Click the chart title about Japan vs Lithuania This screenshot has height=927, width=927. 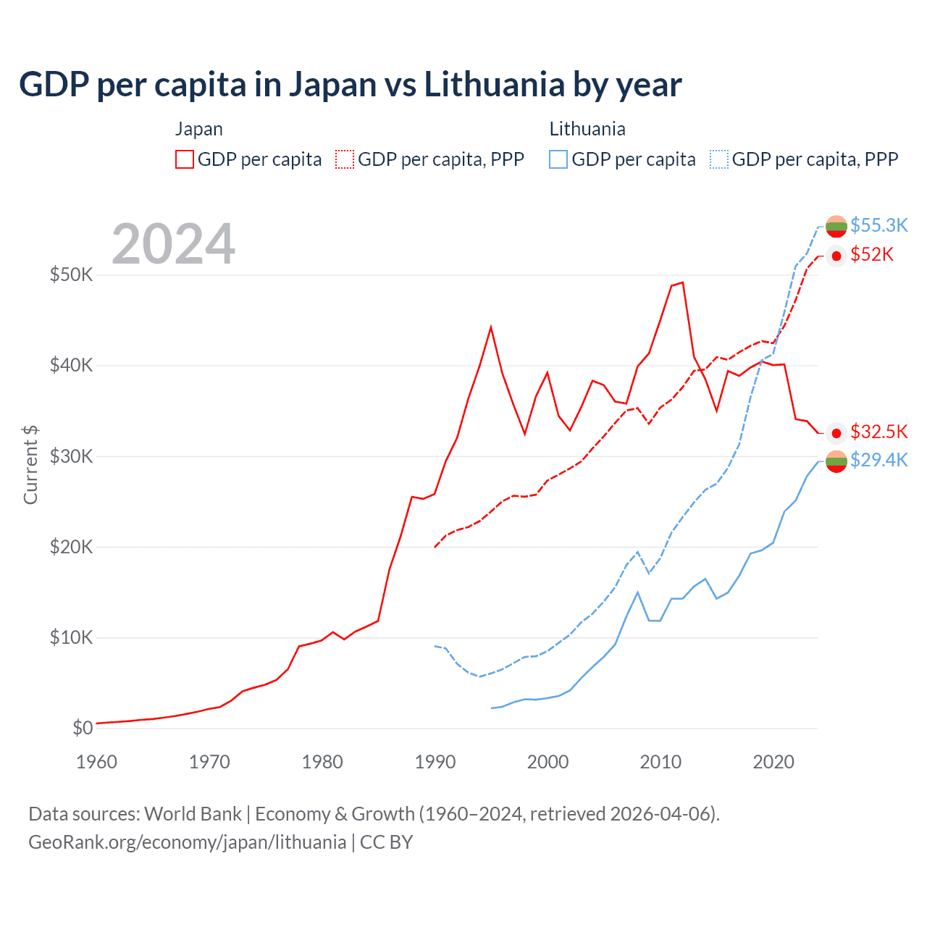click(350, 85)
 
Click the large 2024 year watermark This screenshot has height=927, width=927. click(173, 244)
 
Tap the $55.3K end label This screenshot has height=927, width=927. click(878, 225)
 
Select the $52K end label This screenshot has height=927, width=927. click(872, 255)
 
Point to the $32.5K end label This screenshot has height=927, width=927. click(878, 432)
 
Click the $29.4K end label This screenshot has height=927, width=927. click(878, 461)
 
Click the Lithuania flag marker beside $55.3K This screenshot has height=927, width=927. click(836, 226)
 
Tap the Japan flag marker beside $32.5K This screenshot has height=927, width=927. click(836, 433)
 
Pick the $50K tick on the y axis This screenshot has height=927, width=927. click(71, 275)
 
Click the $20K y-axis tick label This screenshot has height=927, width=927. click(71, 547)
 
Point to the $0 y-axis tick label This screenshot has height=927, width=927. click(83, 728)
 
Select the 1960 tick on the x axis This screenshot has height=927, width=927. click(96, 762)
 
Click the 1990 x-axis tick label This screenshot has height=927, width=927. click(435, 762)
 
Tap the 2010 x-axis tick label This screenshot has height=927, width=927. click(660, 762)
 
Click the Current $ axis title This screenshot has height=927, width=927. click(30, 465)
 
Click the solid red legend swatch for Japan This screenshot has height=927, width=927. click(185, 159)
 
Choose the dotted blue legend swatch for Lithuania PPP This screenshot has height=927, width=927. click(719, 159)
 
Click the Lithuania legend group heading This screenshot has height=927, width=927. click(587, 129)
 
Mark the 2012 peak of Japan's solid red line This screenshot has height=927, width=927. click(682, 282)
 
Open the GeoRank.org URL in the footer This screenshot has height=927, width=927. click(187, 842)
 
